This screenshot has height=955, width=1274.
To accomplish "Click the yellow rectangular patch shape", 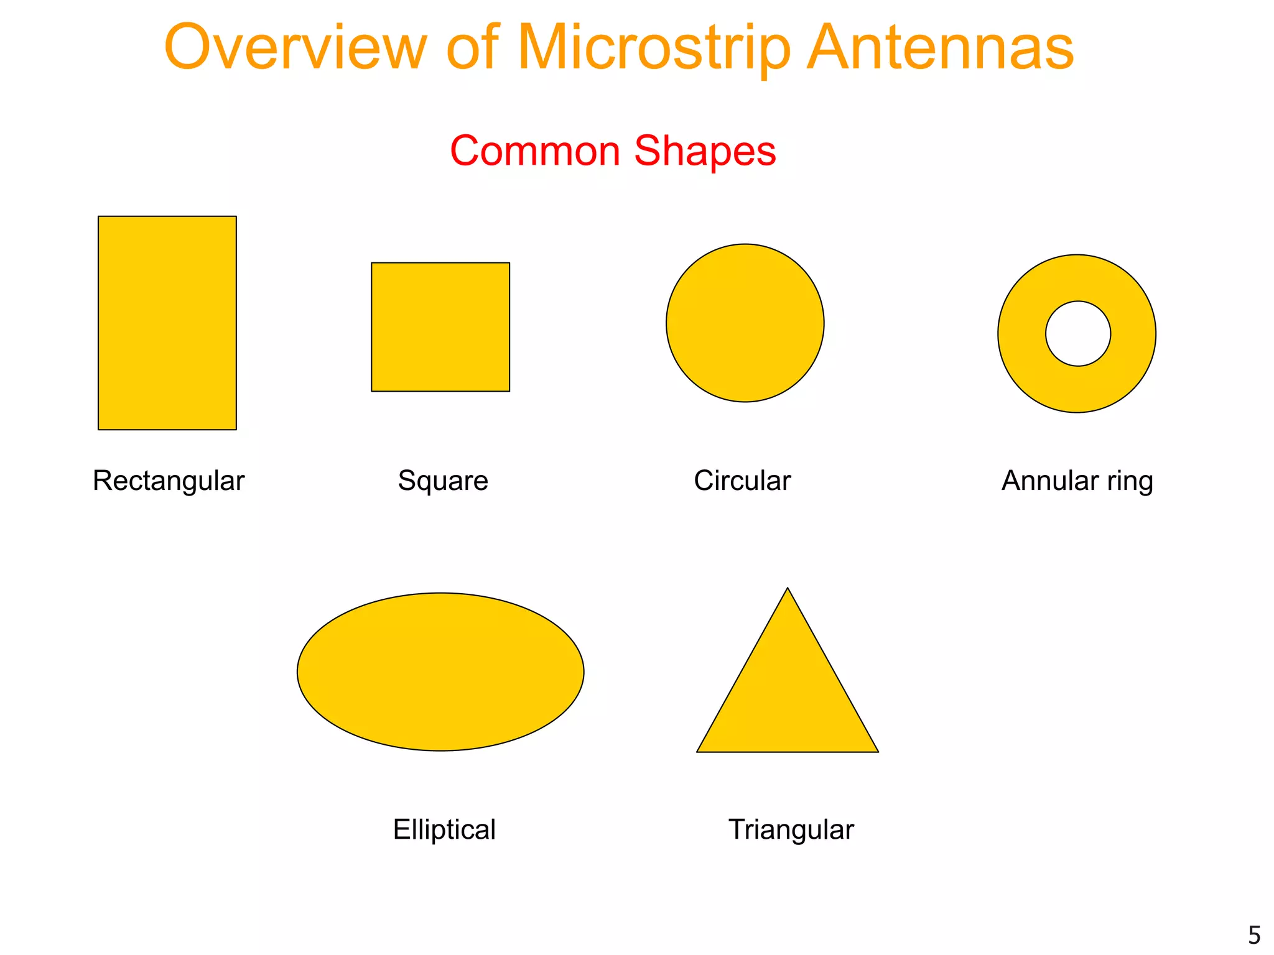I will pos(167,323).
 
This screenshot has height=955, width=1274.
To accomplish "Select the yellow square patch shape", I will pos(440,327).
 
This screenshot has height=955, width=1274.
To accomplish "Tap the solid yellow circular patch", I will pos(745,323).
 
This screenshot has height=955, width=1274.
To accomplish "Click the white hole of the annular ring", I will pos(1077,334).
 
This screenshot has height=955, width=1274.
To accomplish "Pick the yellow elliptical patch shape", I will pos(440,671).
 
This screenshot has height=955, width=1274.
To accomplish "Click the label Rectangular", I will pos(169,481).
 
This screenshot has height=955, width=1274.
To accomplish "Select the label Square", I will pos(443,481).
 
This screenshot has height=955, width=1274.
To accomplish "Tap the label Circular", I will pos(742,481).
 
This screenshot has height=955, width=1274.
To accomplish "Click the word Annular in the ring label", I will pos(1050,481).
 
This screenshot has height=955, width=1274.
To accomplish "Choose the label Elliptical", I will pos(444,829).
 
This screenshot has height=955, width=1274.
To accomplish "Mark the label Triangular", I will pos(791,829).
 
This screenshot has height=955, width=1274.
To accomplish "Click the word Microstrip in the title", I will pos(653,48).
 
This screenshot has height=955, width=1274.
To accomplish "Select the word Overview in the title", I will pos(295,48).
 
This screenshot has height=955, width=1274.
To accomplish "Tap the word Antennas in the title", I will pos(940,48).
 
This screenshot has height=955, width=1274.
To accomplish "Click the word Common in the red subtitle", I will pos(535,151).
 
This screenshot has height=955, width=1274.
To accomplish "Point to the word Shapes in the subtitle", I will pos(705,151).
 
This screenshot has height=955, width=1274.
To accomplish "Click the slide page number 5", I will pos(1254,935).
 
